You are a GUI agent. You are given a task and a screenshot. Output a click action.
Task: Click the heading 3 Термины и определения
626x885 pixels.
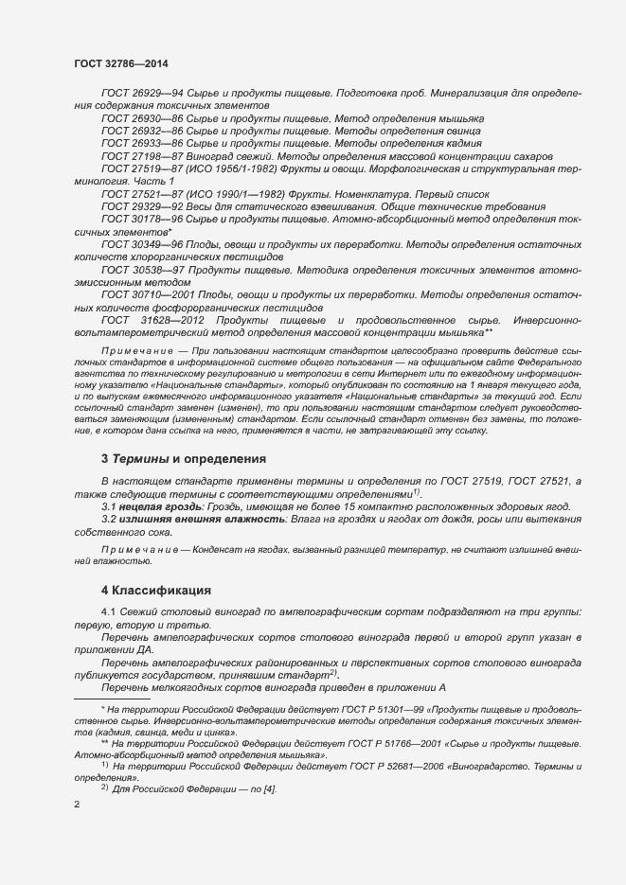184,459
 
